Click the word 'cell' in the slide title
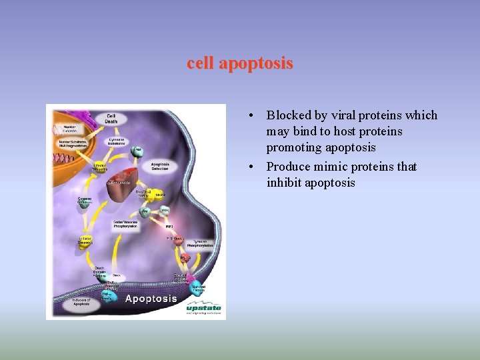click(201, 64)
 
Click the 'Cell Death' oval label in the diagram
click(111, 118)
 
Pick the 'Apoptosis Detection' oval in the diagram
click(159, 166)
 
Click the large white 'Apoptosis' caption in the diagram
click(151, 298)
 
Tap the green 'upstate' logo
click(203, 308)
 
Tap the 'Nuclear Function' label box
click(69, 128)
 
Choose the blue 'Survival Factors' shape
click(198, 289)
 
